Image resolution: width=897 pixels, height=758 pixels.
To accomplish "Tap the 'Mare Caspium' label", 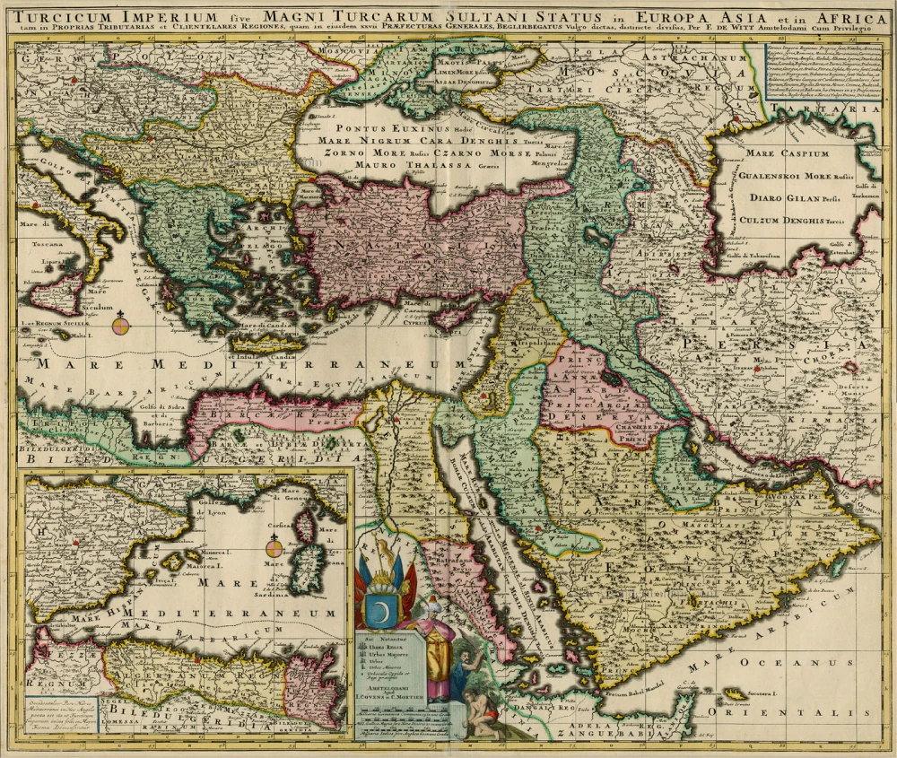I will (787, 153).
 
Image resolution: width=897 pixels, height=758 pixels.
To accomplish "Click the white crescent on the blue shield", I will (380, 609).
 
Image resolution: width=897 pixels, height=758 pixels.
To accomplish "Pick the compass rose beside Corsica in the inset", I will (274, 546).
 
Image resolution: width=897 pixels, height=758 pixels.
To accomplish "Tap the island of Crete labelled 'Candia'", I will (269, 342).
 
